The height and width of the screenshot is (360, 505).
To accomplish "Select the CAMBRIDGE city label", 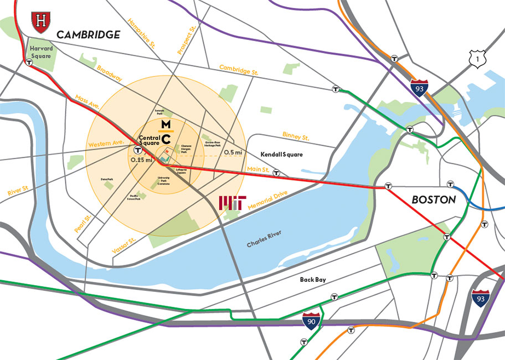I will click(x=88, y=34).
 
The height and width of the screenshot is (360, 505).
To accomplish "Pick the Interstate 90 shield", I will click(x=311, y=320).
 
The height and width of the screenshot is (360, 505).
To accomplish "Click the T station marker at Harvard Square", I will click(x=28, y=63).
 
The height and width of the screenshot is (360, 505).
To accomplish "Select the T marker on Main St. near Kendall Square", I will click(x=276, y=173).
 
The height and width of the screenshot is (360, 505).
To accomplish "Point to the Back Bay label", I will click(x=312, y=280).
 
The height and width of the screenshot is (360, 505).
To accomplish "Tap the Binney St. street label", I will click(x=296, y=135).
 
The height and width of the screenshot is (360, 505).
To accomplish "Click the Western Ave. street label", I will click(x=106, y=144).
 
